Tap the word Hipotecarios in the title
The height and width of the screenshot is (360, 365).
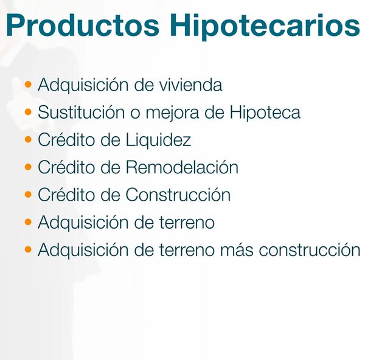pos(265,27)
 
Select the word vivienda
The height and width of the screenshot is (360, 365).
pos(190,85)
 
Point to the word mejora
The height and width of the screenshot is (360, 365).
pos(173,113)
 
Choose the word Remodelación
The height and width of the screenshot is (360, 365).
pos(182,167)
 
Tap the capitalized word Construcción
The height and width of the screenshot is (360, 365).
pos(178,195)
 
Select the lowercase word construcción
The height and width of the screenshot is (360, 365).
pos(310,249)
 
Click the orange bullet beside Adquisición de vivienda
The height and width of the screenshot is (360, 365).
pos(28,84)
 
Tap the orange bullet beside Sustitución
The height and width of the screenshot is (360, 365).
pos(28,112)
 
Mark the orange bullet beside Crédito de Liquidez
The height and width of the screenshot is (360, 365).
pos(28,139)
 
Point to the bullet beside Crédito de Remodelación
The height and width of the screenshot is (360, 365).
pos(28,167)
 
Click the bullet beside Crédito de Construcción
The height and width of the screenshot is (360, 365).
pos(28,194)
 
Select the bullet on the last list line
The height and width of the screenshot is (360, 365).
pos(28,249)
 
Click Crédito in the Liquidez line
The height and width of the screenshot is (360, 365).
pos(66,139)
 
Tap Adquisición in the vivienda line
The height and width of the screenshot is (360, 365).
pos(83,85)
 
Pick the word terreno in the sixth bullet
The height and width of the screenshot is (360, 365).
pos(187,223)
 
